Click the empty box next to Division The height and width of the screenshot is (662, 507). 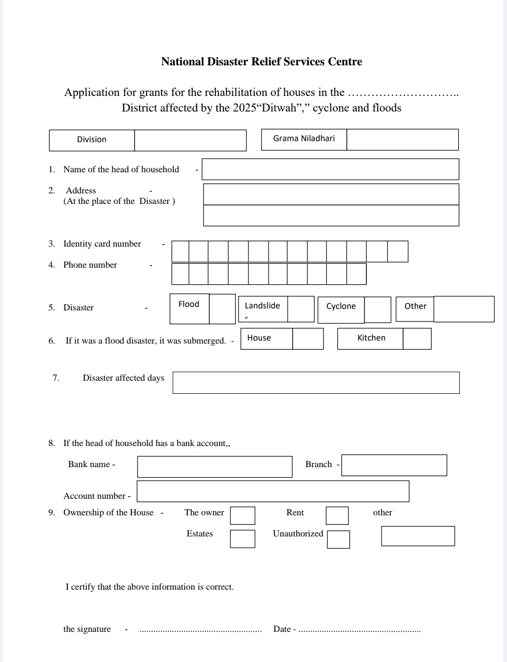coord(190,140)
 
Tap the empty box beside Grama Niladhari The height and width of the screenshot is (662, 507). coord(402,140)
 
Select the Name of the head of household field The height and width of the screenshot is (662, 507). coord(330,169)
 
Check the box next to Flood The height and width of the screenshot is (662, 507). coord(222,309)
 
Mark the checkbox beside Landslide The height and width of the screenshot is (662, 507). coord(301,309)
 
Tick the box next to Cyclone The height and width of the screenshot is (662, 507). coord(377,309)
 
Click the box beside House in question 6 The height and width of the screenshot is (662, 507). coord(308,339)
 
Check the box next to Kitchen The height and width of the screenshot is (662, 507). coord(417,339)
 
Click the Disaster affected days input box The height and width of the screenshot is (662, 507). coord(316,383)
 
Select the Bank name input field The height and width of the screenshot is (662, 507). coord(214,467)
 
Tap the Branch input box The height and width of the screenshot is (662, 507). coord(394,465)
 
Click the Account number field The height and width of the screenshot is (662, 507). coord(273,491)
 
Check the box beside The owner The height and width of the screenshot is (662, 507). coord(242,516)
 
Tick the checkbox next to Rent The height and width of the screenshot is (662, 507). coord(337,516)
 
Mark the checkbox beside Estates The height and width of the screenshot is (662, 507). coord(242,539)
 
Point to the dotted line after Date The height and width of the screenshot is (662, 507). coord(359,630)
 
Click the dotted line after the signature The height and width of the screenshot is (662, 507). coord(200,630)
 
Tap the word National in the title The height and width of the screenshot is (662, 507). coord(183,62)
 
